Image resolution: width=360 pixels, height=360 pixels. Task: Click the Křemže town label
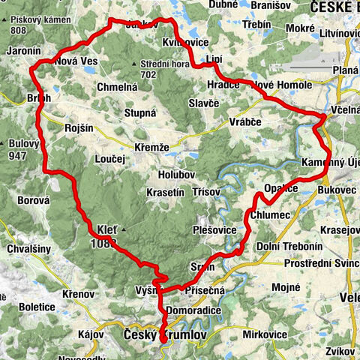point(151,147)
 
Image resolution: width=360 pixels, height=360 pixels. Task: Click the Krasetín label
point(166,193)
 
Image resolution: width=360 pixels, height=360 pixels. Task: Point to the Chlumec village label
point(284,215)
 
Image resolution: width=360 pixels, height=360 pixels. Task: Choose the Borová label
point(34,201)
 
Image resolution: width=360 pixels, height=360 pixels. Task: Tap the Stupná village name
point(139,113)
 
